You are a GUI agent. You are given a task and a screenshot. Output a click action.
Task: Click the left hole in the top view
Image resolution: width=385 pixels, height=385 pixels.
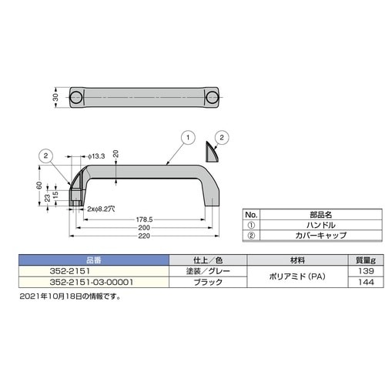pos(76,97)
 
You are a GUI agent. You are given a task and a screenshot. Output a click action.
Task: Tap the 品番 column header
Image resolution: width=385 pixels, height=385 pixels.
pos(91,260)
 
